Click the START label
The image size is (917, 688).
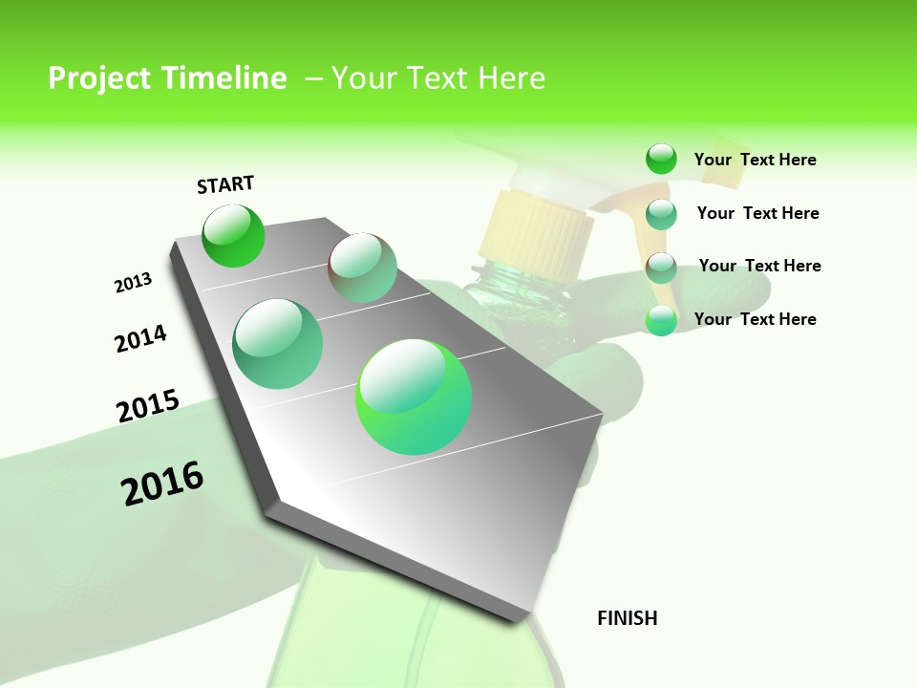pyautogui.click(x=225, y=184)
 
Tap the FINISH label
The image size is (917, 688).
pyautogui.click(x=628, y=618)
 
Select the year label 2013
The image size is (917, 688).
pyautogui.click(x=134, y=283)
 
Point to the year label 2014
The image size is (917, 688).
pyautogui.click(x=140, y=339)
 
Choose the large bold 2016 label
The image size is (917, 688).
pyautogui.click(x=162, y=484)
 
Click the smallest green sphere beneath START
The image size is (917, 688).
pyautogui.click(x=233, y=235)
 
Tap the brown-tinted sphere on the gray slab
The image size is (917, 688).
pyautogui.click(x=362, y=268)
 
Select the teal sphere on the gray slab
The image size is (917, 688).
pyautogui.click(x=278, y=344)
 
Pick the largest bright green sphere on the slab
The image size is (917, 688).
pyautogui.click(x=415, y=397)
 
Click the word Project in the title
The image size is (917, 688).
pyautogui.click(x=98, y=78)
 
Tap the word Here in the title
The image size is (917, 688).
pyautogui.click(x=511, y=78)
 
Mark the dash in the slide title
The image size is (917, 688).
pyautogui.click(x=313, y=78)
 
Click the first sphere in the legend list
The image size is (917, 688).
pyautogui.click(x=661, y=160)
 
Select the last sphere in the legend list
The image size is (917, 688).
pyautogui.click(x=661, y=320)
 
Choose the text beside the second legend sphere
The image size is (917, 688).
pyautogui.click(x=757, y=213)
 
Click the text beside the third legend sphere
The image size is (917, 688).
pyautogui.click(x=759, y=266)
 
